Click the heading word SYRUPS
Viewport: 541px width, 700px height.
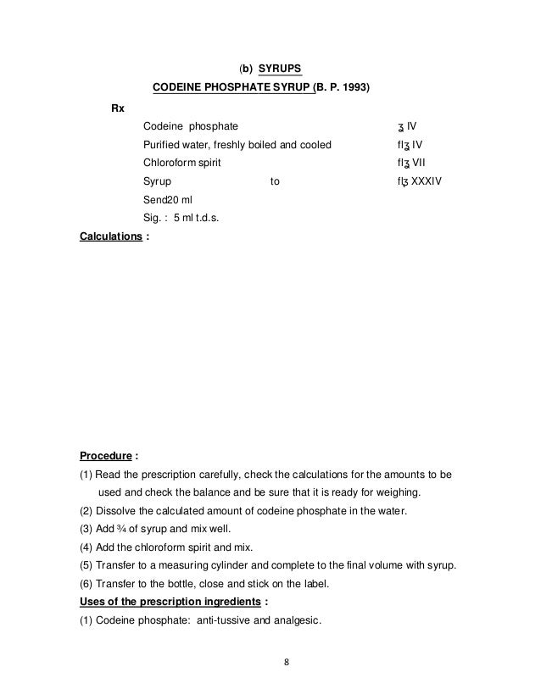[279, 67]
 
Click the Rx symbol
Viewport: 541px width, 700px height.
[119, 108]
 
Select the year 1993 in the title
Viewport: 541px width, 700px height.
[355, 87]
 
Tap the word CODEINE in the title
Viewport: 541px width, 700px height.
[178, 87]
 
